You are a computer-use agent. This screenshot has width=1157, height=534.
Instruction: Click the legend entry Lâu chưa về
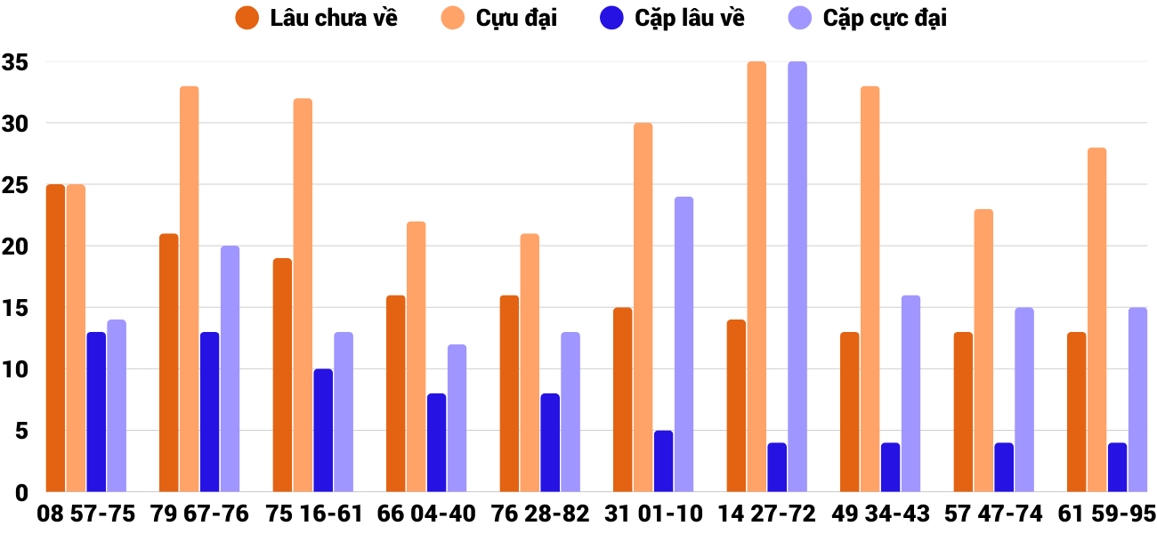[x=317, y=18]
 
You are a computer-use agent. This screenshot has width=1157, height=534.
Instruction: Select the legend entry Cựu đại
[x=498, y=18]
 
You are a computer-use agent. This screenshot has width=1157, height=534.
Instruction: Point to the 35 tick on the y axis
[x=16, y=62]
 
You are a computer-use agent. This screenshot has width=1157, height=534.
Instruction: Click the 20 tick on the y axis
[x=16, y=247]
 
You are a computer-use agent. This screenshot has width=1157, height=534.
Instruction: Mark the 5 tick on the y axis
[x=23, y=431]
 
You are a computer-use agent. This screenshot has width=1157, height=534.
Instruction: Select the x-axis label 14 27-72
[x=767, y=514]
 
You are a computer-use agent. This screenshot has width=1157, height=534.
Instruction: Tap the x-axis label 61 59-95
[x=1107, y=514]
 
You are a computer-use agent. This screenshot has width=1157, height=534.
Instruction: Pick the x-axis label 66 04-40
[x=426, y=514]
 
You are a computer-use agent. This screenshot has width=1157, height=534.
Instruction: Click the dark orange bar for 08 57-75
[x=56, y=338]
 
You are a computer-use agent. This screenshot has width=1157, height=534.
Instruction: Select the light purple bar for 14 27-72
[x=797, y=277]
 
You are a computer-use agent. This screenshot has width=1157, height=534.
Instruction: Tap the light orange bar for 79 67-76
[x=190, y=289]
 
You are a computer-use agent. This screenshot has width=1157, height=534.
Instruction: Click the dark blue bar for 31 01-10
[x=664, y=461]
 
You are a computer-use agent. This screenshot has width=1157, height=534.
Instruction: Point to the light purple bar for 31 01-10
[x=684, y=344]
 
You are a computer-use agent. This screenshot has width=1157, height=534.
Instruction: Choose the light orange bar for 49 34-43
[x=870, y=289]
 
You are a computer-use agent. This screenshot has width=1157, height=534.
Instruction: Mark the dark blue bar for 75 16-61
[x=323, y=431]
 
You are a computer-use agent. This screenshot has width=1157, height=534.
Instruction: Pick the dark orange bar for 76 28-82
[x=510, y=393]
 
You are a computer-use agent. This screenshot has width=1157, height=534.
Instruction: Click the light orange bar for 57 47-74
[x=983, y=351]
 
